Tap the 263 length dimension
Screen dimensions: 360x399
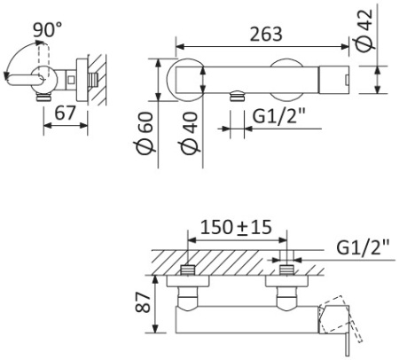[267, 34]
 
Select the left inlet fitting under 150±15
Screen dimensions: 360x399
[189, 271]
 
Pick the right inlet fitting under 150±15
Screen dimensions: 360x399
[286, 271]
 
